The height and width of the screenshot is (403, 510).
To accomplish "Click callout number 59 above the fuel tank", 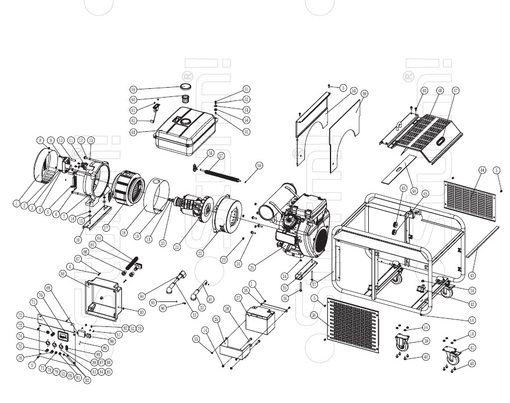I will [133, 89].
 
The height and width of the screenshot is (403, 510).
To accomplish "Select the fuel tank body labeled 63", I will [185, 132].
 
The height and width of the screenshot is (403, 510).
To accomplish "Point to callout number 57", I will [221, 156].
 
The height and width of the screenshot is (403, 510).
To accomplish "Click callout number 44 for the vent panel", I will [482, 170].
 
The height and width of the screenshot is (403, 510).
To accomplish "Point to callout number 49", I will [364, 93].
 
